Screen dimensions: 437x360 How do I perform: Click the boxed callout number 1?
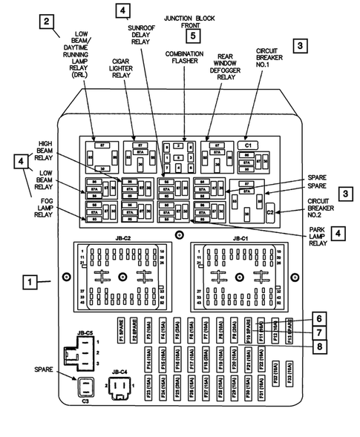[x=29, y=282]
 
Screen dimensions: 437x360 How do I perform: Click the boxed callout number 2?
[x=46, y=22]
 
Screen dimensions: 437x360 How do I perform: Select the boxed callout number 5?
[x=193, y=34]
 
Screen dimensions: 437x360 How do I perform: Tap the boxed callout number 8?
[x=318, y=346]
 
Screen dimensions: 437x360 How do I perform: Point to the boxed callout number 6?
[x=318, y=318]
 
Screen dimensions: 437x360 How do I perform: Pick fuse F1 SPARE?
[x=119, y=329]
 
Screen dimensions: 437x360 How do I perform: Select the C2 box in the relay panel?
[x=271, y=213]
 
